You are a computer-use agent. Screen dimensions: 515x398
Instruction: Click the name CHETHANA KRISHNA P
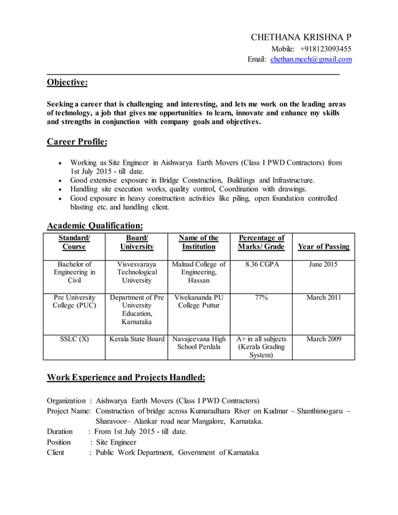pyautogui.click(x=301, y=37)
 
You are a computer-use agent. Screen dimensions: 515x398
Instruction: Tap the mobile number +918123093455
pyautogui.click(x=325, y=49)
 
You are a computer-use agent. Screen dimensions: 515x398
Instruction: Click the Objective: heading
pyautogui.click(x=67, y=82)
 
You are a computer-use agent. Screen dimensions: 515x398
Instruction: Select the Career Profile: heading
pyautogui.click(x=77, y=142)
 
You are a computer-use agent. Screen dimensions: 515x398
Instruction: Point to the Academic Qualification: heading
pyautogui.click(x=95, y=225)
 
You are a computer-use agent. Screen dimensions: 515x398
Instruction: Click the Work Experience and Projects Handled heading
pyautogui.click(x=126, y=377)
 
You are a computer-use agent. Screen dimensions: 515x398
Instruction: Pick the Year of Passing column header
pyautogui.click(x=323, y=247)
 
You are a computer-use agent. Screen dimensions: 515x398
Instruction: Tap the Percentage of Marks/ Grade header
pyautogui.click(x=261, y=243)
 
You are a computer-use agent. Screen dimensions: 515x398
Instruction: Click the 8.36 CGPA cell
pyautogui.click(x=261, y=264)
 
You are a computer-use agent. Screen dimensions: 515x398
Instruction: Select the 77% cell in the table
pyautogui.click(x=261, y=297)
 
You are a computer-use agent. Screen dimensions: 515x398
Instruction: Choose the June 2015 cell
pyautogui.click(x=323, y=264)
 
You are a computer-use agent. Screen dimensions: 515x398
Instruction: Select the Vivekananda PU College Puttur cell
pyautogui.click(x=198, y=302)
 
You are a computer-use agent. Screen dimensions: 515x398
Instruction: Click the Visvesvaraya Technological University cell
pyautogui.click(x=137, y=272)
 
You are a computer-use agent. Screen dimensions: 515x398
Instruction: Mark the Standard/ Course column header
pyautogui.click(x=74, y=243)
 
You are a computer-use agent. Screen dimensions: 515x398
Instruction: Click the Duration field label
pyautogui.click(x=60, y=431)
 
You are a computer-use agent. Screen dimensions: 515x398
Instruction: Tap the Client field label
pyautogui.click(x=56, y=452)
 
